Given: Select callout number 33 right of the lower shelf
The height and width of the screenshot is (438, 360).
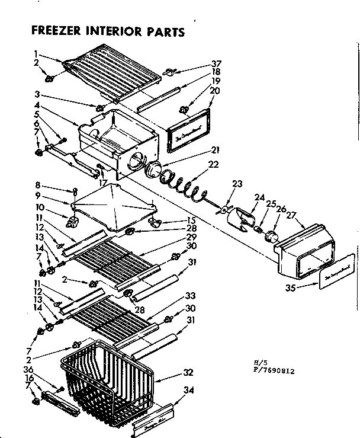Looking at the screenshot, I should tap(190, 296).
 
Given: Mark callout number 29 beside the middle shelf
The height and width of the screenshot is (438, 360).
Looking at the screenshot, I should tap(191, 236).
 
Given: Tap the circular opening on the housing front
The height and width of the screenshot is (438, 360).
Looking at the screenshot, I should tap(135, 159).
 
